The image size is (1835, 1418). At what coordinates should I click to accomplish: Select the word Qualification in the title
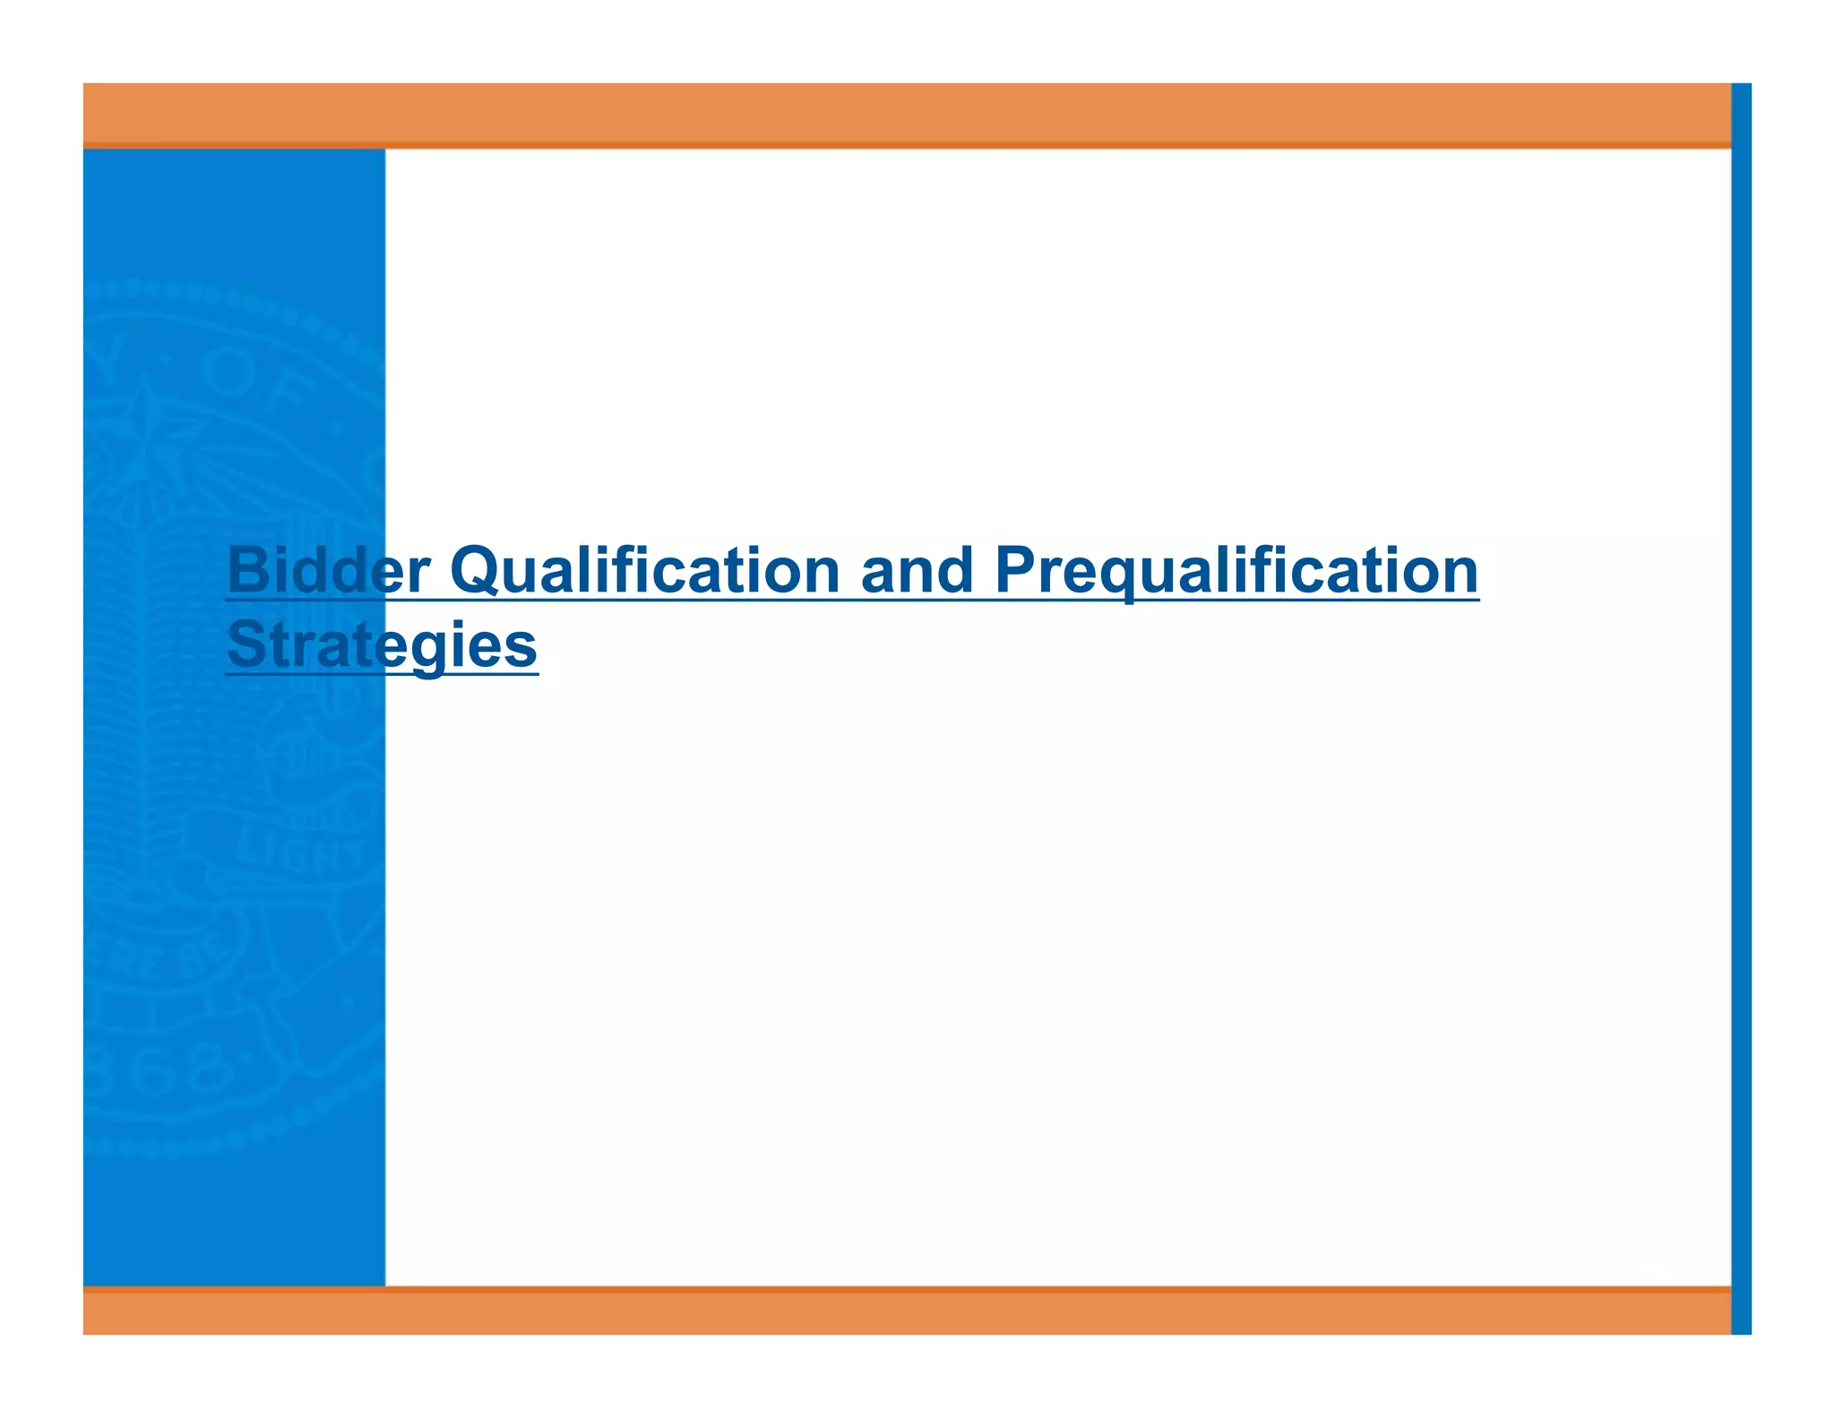(644, 570)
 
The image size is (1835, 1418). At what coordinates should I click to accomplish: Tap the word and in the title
(917, 570)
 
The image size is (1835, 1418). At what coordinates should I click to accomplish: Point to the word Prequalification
(1236, 570)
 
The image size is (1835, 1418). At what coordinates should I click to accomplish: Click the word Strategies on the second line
(382, 644)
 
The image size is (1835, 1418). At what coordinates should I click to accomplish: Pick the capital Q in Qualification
(475, 570)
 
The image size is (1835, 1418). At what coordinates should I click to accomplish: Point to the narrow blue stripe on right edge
(1741, 708)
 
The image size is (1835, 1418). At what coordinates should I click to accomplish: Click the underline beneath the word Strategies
(382, 673)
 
